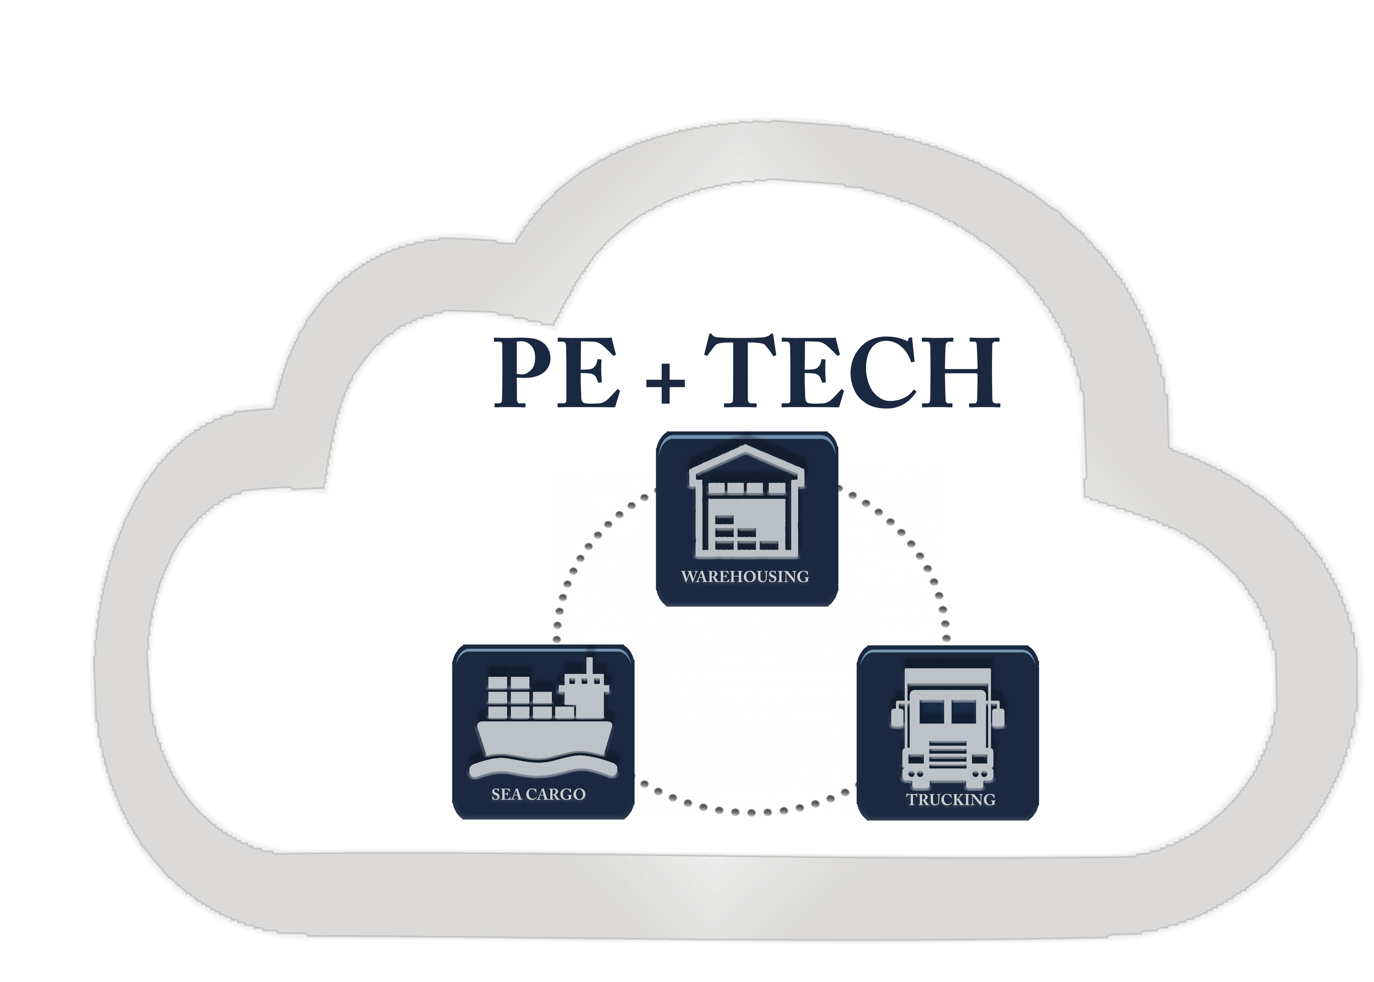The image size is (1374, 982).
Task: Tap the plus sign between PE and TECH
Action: click(665, 383)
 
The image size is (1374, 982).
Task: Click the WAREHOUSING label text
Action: click(745, 576)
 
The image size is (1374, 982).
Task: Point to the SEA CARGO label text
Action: click(538, 794)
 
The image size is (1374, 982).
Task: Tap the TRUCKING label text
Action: click(950, 799)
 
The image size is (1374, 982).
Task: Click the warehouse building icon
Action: click(746, 502)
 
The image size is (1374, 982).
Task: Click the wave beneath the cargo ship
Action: click(543, 768)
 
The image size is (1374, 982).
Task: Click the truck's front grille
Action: click(947, 756)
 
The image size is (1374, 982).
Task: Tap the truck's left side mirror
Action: click(897, 718)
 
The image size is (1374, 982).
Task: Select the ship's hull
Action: click(544, 738)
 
